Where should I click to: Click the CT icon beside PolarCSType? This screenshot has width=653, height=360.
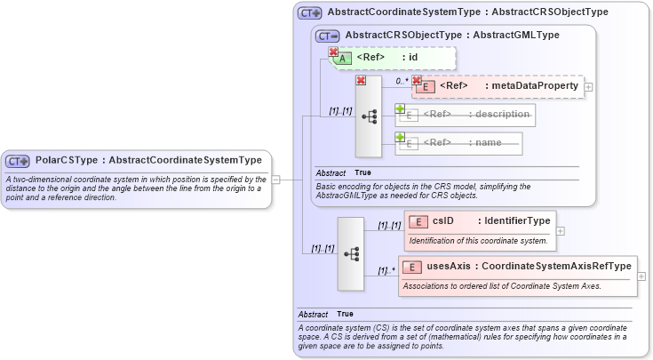[x=18, y=161]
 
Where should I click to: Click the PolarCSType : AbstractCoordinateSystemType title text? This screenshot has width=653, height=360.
[x=148, y=160]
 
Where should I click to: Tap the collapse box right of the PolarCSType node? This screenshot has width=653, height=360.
[x=276, y=179]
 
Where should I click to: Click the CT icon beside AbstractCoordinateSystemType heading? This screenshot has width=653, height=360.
[x=310, y=13]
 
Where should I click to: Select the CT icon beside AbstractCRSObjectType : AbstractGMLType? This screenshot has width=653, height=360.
[x=328, y=36]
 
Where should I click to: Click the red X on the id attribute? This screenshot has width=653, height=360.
[x=334, y=52]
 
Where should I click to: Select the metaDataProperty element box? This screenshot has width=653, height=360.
[x=498, y=86]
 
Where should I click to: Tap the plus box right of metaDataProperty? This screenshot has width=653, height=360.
[x=588, y=87]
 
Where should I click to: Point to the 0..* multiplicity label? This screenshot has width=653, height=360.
[x=401, y=80]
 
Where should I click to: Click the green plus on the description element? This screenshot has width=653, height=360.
[x=400, y=108]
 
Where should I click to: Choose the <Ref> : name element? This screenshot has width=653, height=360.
[x=458, y=142]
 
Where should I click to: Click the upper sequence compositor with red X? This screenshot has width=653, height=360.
[x=368, y=116]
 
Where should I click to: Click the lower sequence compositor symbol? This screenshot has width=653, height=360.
[x=350, y=253]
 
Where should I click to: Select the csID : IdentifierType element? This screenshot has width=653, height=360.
[x=480, y=220]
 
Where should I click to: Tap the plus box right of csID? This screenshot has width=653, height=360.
[x=560, y=230]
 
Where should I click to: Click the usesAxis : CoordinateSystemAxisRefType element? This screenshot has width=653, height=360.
[x=518, y=266]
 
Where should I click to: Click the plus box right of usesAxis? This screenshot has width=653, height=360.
[x=641, y=276]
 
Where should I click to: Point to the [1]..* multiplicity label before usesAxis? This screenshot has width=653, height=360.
[x=385, y=270]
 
